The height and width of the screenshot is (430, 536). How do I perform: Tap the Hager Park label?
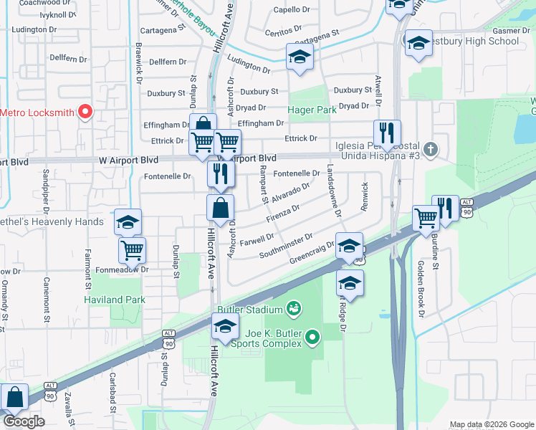point(312,110)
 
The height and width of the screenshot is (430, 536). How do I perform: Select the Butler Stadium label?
point(250,309)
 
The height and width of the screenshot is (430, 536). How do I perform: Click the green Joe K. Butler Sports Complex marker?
point(312,336)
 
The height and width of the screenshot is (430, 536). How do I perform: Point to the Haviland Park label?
point(115,300)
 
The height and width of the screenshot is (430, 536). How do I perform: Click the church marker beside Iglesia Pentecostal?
point(430,150)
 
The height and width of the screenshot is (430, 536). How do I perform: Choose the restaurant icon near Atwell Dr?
point(385,132)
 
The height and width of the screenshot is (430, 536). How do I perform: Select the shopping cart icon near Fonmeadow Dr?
point(132,250)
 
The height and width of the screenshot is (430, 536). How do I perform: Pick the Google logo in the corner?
point(23,421)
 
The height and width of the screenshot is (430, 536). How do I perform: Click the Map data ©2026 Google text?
point(492,424)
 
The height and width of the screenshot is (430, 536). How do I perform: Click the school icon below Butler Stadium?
point(225,328)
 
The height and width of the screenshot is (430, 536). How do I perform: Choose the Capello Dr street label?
point(291,10)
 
